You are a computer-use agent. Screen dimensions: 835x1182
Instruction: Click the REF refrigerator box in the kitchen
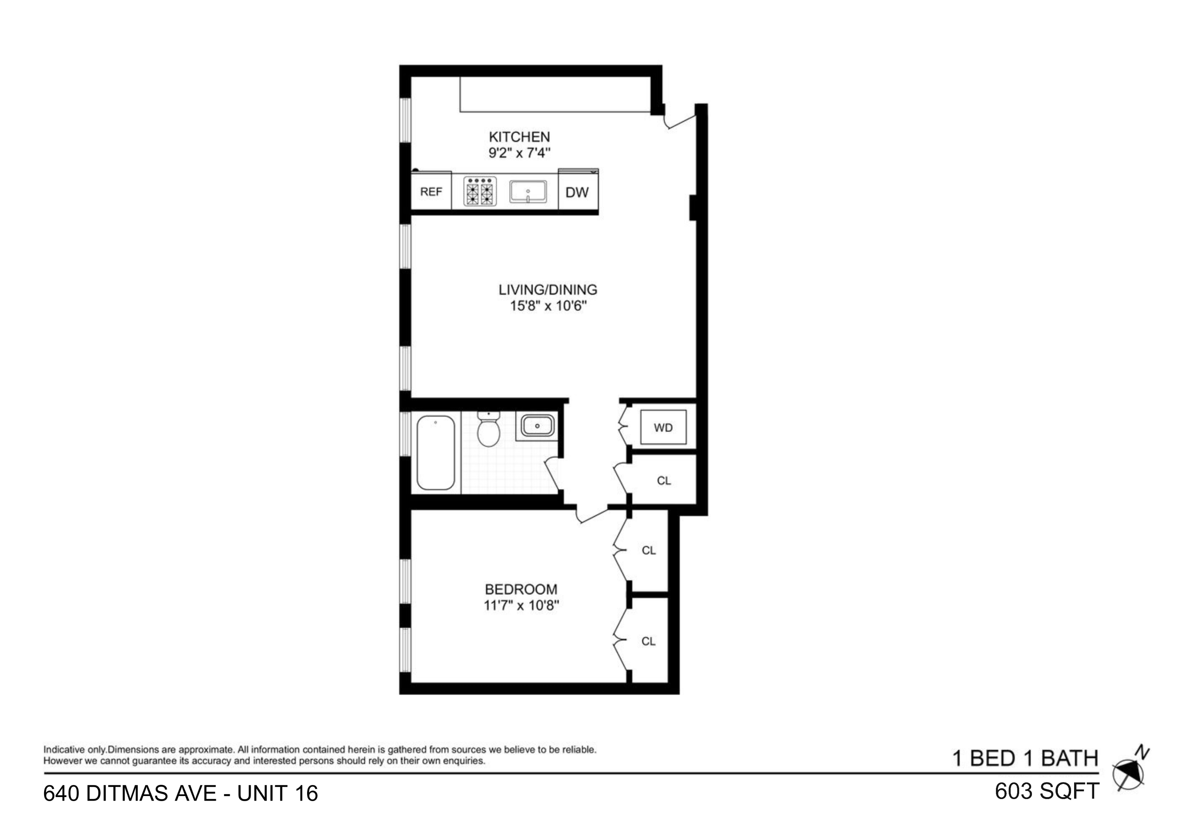click(431, 191)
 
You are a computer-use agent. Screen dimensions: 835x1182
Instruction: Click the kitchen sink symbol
click(528, 192)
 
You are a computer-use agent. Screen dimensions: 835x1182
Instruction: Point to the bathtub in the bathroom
click(436, 452)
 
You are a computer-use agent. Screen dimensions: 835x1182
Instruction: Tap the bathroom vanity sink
click(537, 426)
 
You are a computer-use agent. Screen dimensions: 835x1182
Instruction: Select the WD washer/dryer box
click(663, 428)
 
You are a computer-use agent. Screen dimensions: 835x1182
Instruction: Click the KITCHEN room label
click(519, 137)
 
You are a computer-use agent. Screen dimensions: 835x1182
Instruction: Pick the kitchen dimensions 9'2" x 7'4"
click(519, 153)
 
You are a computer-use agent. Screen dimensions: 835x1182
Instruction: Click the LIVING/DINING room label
click(548, 290)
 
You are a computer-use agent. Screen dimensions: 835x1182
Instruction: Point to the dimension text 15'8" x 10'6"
click(548, 306)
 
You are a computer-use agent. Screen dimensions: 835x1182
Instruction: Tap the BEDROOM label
click(521, 589)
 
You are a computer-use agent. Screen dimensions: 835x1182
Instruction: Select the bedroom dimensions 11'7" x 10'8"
click(521, 605)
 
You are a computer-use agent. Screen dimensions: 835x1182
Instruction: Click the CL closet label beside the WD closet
click(664, 481)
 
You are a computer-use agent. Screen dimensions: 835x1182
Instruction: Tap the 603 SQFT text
click(1047, 792)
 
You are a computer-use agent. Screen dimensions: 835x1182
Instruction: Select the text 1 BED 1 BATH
click(1025, 758)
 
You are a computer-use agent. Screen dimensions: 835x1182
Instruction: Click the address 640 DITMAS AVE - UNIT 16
click(181, 793)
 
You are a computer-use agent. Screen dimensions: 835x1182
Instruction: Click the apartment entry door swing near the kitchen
click(680, 121)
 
